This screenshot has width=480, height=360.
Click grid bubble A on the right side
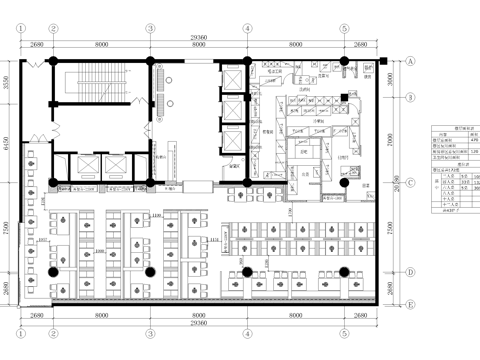(410, 60)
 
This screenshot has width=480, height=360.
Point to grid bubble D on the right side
(410, 271)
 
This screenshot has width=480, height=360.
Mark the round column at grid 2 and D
(53, 271)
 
